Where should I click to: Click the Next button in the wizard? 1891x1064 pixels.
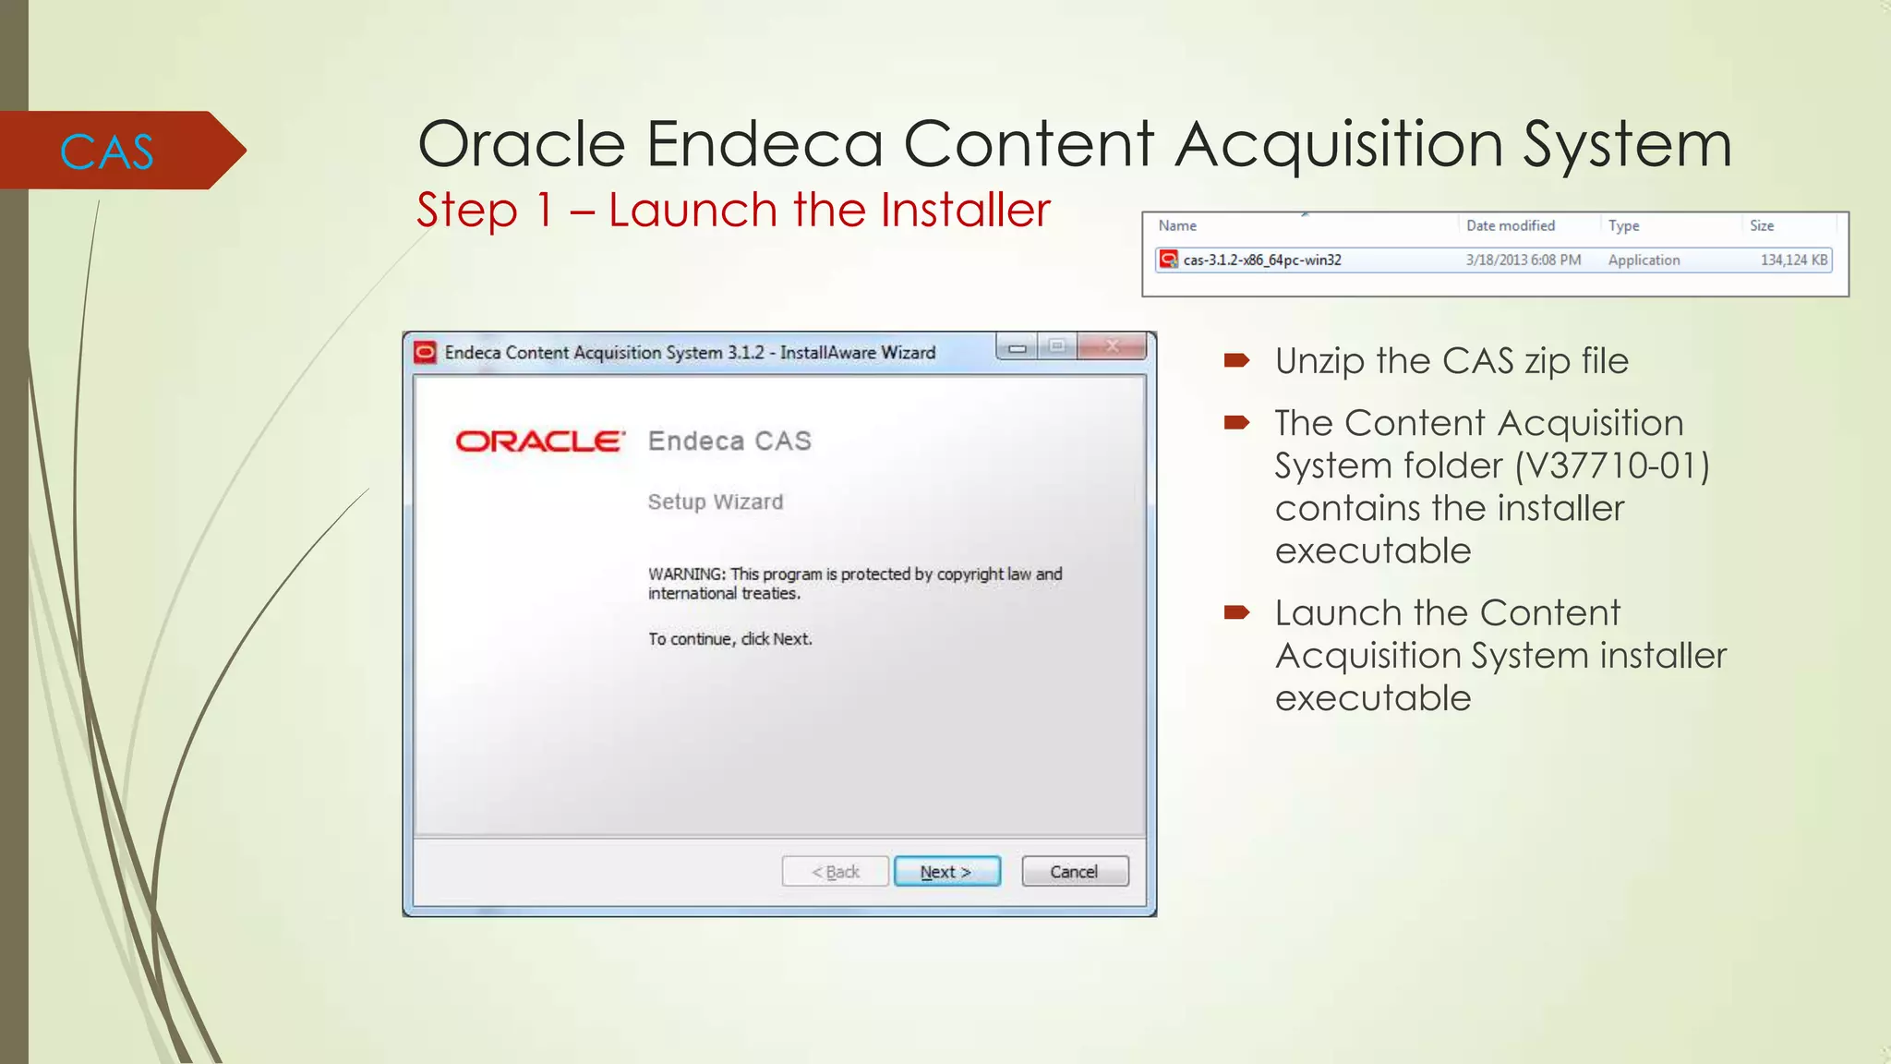click(x=946, y=872)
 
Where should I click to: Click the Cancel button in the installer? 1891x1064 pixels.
click(x=1075, y=872)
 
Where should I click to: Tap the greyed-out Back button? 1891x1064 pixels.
click(x=835, y=872)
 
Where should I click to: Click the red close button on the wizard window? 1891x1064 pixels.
click(x=1112, y=346)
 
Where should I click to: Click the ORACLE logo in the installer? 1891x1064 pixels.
click(x=540, y=441)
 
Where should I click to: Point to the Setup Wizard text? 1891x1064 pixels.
click(x=716, y=502)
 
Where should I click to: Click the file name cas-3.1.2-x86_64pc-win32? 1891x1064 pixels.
click(x=1262, y=260)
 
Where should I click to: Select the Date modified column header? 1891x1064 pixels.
click(x=1511, y=225)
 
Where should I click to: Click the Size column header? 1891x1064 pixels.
click(x=1762, y=225)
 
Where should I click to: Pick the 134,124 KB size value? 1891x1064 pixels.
click(x=1793, y=260)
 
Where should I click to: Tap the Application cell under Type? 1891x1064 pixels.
click(x=1644, y=260)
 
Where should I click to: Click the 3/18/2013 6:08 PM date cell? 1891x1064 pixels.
click(x=1524, y=260)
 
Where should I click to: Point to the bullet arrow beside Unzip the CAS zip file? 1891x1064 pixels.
click(x=1236, y=360)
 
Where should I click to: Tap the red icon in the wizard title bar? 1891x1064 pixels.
click(x=425, y=352)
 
